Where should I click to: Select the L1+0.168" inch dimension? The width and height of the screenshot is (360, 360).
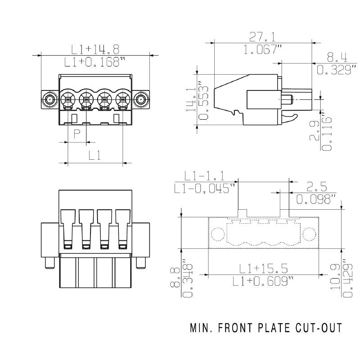click(x=94, y=62)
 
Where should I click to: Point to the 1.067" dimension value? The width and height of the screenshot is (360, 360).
click(x=263, y=50)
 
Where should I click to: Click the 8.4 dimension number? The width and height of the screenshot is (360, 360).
click(x=337, y=57)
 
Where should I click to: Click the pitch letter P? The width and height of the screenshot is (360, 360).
click(x=77, y=134)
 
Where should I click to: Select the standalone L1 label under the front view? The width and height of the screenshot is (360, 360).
click(x=94, y=155)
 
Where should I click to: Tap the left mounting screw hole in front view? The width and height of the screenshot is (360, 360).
click(x=49, y=99)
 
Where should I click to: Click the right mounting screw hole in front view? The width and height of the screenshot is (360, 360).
click(x=141, y=99)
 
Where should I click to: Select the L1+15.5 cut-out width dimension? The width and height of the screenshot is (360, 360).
click(x=263, y=269)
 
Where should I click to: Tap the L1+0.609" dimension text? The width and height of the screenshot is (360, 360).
click(x=263, y=281)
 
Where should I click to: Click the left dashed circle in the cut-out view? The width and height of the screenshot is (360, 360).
click(x=218, y=234)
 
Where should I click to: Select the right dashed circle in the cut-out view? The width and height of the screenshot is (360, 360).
click(x=309, y=234)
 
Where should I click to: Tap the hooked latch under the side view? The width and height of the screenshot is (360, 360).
click(x=291, y=118)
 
